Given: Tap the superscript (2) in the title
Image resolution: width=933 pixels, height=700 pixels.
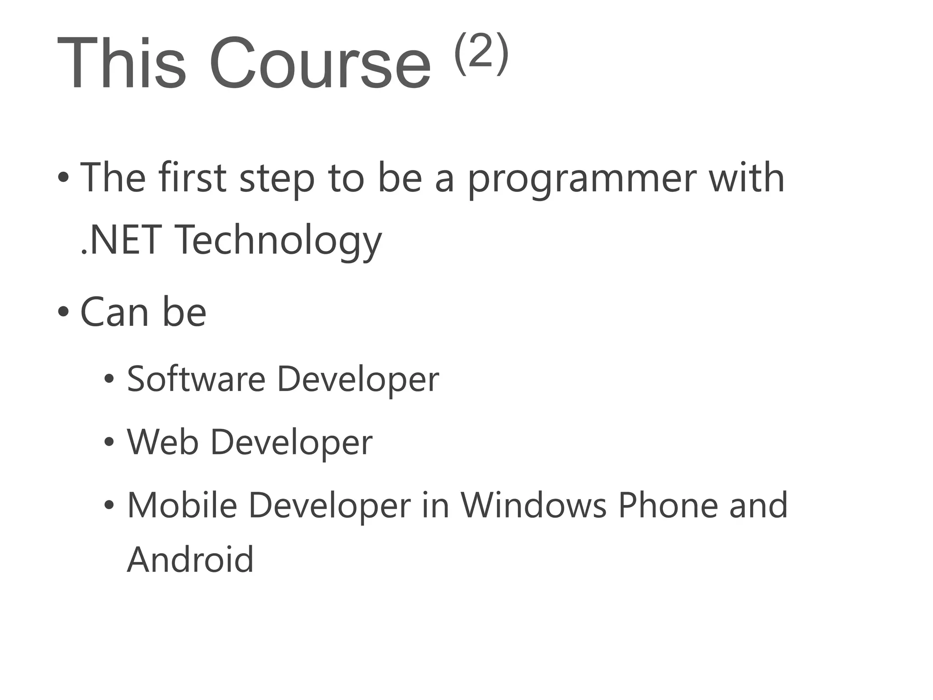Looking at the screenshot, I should tap(481, 53).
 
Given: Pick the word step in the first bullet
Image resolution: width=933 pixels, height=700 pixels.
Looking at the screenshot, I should tap(277, 179).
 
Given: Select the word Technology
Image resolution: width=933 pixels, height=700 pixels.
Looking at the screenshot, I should tap(279, 241).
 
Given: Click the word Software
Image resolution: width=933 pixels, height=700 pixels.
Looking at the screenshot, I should tap(196, 379).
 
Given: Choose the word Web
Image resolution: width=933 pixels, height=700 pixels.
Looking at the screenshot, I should tap(163, 442).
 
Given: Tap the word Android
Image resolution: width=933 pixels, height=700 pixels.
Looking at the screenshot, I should tap(190, 559).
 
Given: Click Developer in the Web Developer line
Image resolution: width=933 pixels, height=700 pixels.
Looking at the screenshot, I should tap(291, 443).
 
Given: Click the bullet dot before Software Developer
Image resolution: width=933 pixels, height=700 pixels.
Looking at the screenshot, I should tap(109, 379).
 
